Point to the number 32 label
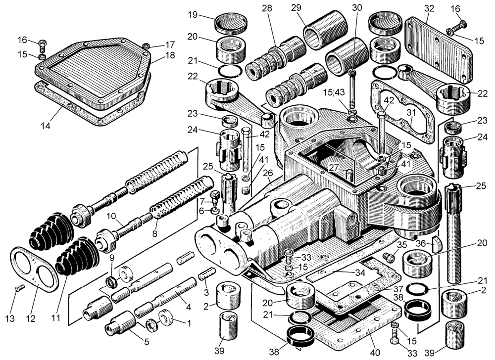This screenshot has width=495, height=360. coord(429,8)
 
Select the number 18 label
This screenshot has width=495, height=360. coord(170,55)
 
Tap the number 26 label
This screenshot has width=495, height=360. coord(268,173)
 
